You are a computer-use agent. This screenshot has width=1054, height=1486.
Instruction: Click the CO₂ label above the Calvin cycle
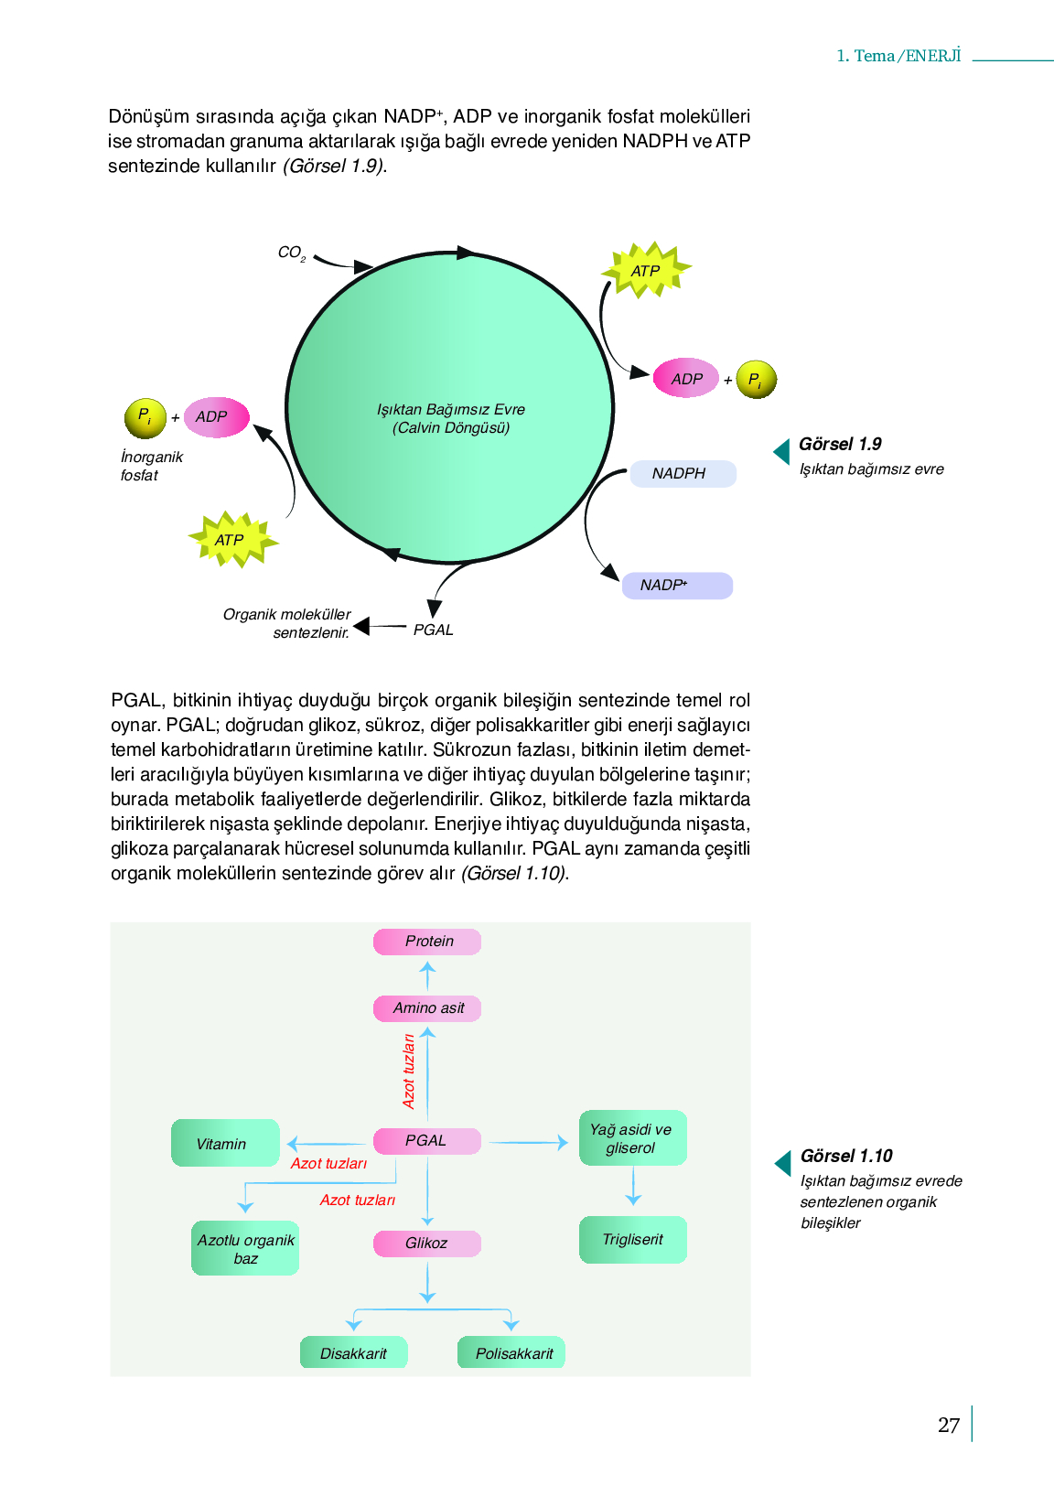pos(291,253)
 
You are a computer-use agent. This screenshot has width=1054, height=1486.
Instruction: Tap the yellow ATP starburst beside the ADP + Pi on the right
pos(646,270)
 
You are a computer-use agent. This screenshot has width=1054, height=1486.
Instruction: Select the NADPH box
pos(683,474)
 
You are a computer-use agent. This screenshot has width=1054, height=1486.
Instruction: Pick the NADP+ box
pos(677,585)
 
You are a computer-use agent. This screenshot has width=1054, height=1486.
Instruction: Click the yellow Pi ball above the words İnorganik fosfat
pos(145,418)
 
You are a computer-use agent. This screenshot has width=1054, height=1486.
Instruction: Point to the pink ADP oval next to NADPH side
pos(686,378)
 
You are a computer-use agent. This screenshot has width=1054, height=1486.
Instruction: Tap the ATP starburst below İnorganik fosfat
pos(232,539)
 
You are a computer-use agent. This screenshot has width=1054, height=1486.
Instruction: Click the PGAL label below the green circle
pos(433,630)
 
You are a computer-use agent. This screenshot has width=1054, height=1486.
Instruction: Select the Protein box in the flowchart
pos(427,942)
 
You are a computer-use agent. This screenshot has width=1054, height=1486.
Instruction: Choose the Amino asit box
pos(427,1008)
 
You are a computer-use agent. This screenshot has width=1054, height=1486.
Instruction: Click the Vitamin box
pos(225,1143)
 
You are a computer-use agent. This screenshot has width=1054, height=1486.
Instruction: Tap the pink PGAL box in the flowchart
pos(427,1141)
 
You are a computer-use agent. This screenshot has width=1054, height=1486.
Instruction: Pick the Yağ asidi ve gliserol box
pos(633,1137)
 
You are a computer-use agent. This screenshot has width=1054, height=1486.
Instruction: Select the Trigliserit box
pos(633,1239)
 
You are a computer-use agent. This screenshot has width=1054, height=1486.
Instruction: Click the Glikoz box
pos(427,1244)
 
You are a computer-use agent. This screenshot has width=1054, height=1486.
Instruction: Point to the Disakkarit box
pos(353,1352)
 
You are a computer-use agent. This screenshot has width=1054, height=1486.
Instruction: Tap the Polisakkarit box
pos(511,1352)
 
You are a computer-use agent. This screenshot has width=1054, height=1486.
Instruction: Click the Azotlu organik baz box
pos(245,1248)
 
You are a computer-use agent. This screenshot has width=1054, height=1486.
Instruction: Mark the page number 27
pos(949,1425)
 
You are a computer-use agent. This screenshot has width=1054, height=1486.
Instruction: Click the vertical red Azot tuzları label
pos(409,1071)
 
